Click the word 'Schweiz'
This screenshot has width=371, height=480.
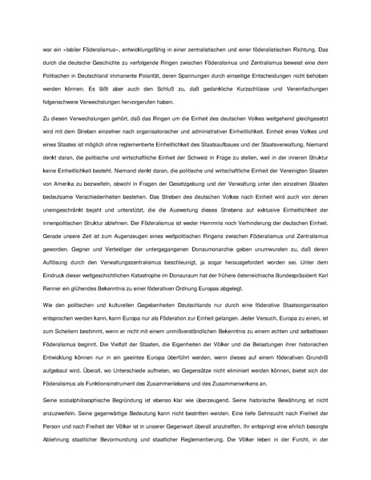(183, 147)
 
